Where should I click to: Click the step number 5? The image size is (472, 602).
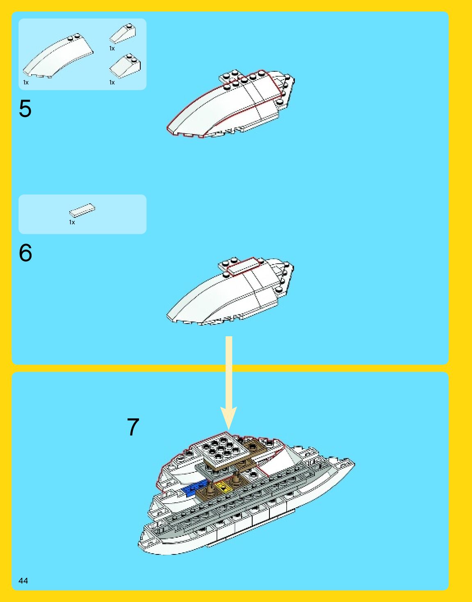[x=25, y=109]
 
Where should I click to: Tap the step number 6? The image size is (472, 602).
[x=25, y=253]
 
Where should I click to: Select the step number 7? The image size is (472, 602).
[x=133, y=427]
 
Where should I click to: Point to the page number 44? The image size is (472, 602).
[x=23, y=580]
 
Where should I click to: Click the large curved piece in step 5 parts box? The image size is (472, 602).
[x=57, y=56]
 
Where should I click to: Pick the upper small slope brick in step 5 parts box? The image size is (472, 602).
[x=123, y=33]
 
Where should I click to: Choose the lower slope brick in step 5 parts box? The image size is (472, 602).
[x=125, y=66]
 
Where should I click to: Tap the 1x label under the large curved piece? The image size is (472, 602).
[x=26, y=82]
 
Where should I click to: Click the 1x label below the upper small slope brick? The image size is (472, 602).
[x=112, y=48]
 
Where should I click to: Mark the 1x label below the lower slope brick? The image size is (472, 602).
[x=112, y=82]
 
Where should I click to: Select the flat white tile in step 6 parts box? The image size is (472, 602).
[x=82, y=210]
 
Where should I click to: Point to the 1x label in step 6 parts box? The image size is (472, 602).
[x=72, y=222]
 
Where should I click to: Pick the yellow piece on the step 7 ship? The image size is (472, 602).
[x=223, y=488]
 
